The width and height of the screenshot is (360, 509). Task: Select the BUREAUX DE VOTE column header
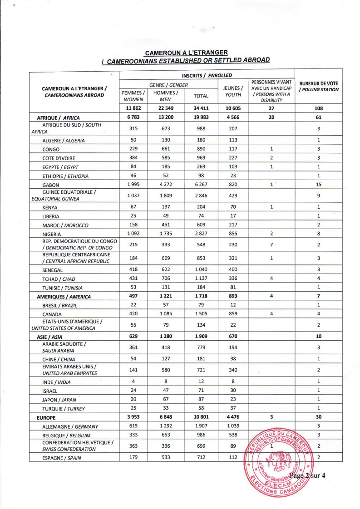tap(318, 86)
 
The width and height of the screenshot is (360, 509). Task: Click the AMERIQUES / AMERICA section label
tap(64, 297)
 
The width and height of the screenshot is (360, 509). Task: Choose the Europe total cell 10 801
tap(201, 414)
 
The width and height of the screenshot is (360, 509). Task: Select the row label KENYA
tap(50, 208)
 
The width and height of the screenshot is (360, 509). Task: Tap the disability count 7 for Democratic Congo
tap(271, 245)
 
